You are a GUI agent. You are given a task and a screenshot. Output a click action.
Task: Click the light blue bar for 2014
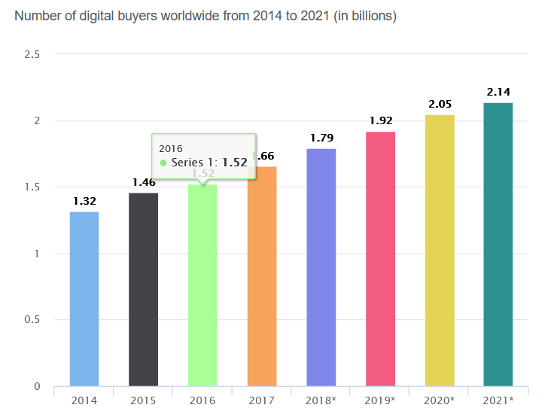coord(84,299)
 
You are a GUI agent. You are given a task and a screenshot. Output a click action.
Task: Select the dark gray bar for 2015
coord(143,290)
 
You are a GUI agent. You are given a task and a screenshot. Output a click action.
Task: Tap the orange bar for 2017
coord(262,276)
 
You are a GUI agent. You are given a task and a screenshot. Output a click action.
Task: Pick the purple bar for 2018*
coord(321,267)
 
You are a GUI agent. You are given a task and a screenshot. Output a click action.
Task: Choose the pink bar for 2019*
coord(380,259)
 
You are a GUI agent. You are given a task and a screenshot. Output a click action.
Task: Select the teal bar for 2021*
coord(498,245)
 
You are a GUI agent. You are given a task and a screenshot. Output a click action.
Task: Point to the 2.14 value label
coord(498,92)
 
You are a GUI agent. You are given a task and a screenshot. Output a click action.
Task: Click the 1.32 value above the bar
coord(84,201)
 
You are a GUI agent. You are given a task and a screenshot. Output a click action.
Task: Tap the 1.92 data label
coord(380,120)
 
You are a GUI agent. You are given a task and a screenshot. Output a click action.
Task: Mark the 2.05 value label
coord(440,104)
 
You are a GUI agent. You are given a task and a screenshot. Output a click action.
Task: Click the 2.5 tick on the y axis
coord(32,54)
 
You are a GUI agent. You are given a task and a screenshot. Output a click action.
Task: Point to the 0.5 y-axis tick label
coord(32,320)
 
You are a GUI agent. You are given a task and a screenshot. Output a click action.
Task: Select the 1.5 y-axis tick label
coord(32,187)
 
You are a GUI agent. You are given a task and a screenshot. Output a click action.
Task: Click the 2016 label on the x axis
coord(202,400)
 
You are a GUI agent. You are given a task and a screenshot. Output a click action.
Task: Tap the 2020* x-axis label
coord(440,400)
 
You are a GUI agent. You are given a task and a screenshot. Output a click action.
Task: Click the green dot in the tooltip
coord(163,163)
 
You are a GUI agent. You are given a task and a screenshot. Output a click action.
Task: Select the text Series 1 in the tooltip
coord(194,163)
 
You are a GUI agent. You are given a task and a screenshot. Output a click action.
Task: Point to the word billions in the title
coord(370,15)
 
